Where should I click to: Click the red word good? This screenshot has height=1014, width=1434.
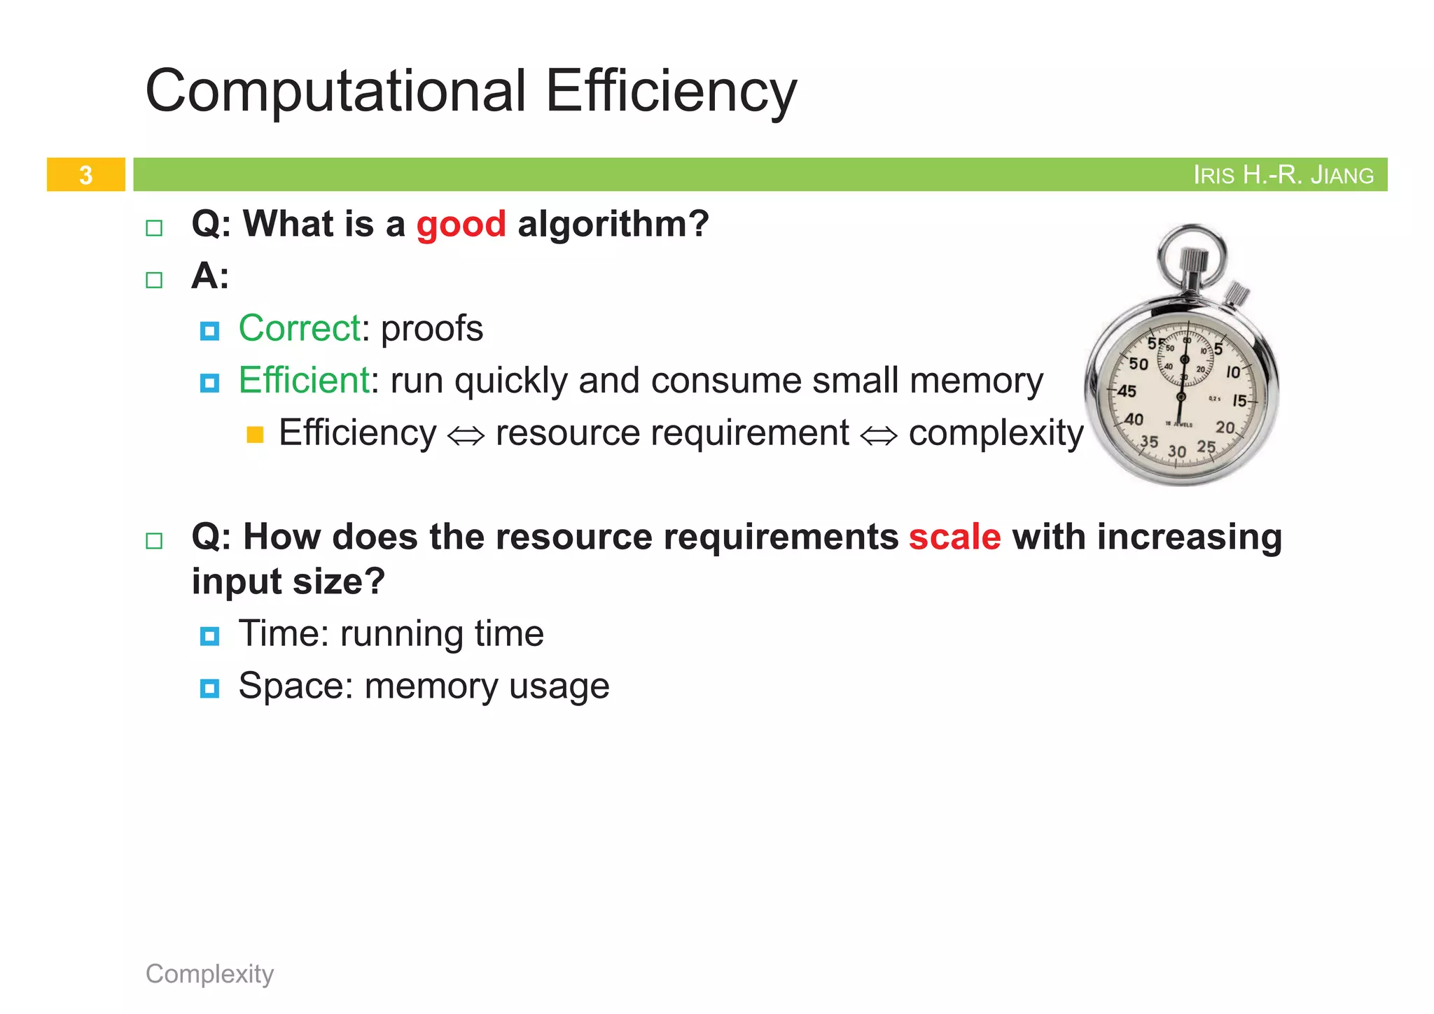(x=461, y=225)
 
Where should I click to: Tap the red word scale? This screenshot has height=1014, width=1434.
(x=954, y=537)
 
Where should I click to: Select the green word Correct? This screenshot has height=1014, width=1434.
(x=300, y=328)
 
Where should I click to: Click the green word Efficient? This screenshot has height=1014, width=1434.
(x=304, y=381)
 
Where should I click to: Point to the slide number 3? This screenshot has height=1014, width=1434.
(x=85, y=175)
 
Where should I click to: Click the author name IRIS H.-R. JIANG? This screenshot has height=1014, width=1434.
(x=1283, y=175)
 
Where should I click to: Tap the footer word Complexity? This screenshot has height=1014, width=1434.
(x=209, y=973)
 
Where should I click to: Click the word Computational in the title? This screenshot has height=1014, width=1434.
(x=335, y=91)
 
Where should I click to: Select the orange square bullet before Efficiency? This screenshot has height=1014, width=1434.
(x=255, y=435)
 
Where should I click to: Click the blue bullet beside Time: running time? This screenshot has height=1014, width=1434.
(x=209, y=636)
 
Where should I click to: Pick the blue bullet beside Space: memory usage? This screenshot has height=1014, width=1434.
(x=209, y=689)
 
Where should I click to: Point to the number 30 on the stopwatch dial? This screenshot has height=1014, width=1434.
(x=1176, y=452)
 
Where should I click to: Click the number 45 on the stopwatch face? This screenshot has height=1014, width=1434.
(x=1126, y=391)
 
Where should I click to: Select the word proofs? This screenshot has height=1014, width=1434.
(x=432, y=328)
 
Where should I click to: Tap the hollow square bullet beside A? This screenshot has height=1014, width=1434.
(x=154, y=280)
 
